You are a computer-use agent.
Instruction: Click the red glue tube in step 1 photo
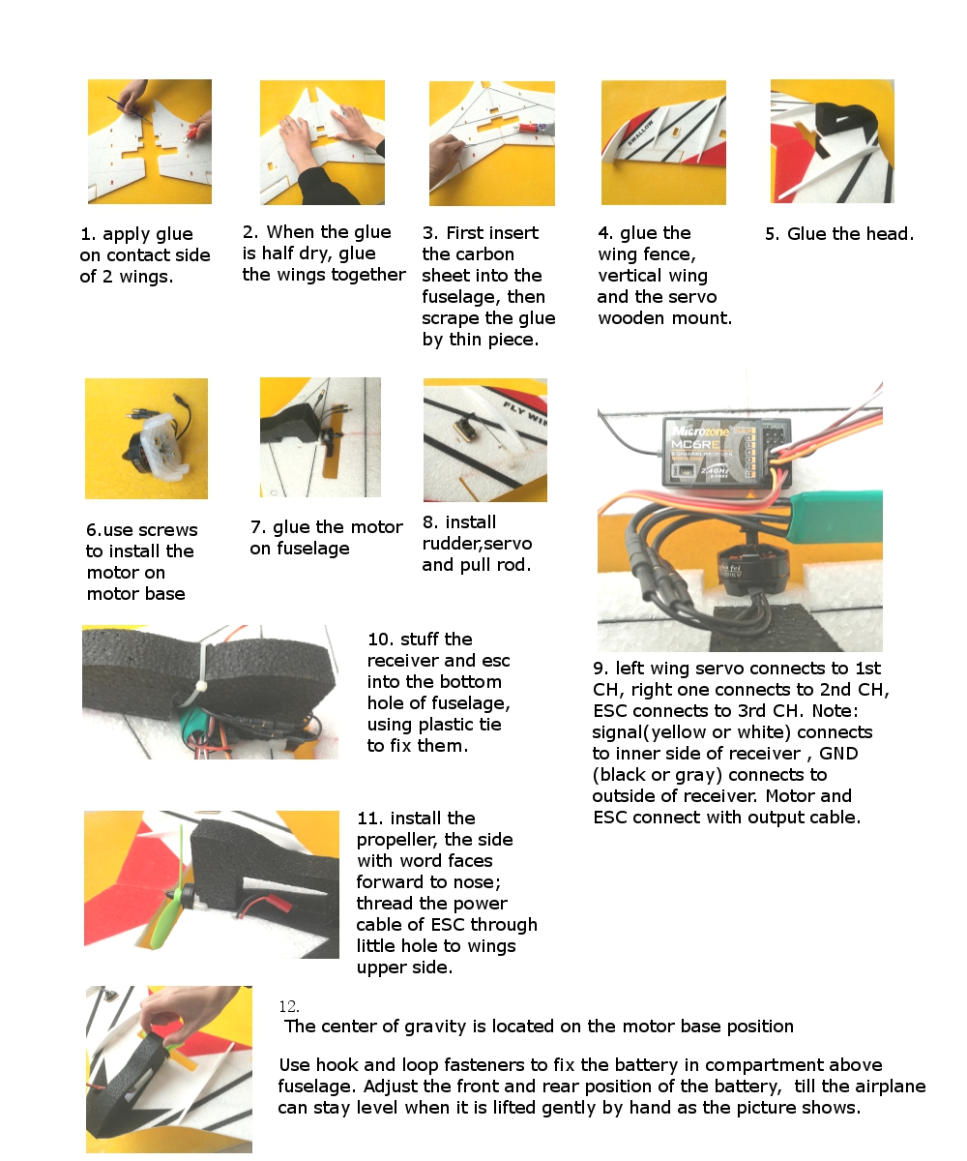[192, 132]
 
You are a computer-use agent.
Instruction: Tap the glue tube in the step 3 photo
[534, 128]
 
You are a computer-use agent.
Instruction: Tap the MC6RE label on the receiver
[694, 444]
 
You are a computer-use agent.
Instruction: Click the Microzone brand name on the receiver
[700, 431]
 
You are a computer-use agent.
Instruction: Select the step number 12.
[289, 1006]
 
